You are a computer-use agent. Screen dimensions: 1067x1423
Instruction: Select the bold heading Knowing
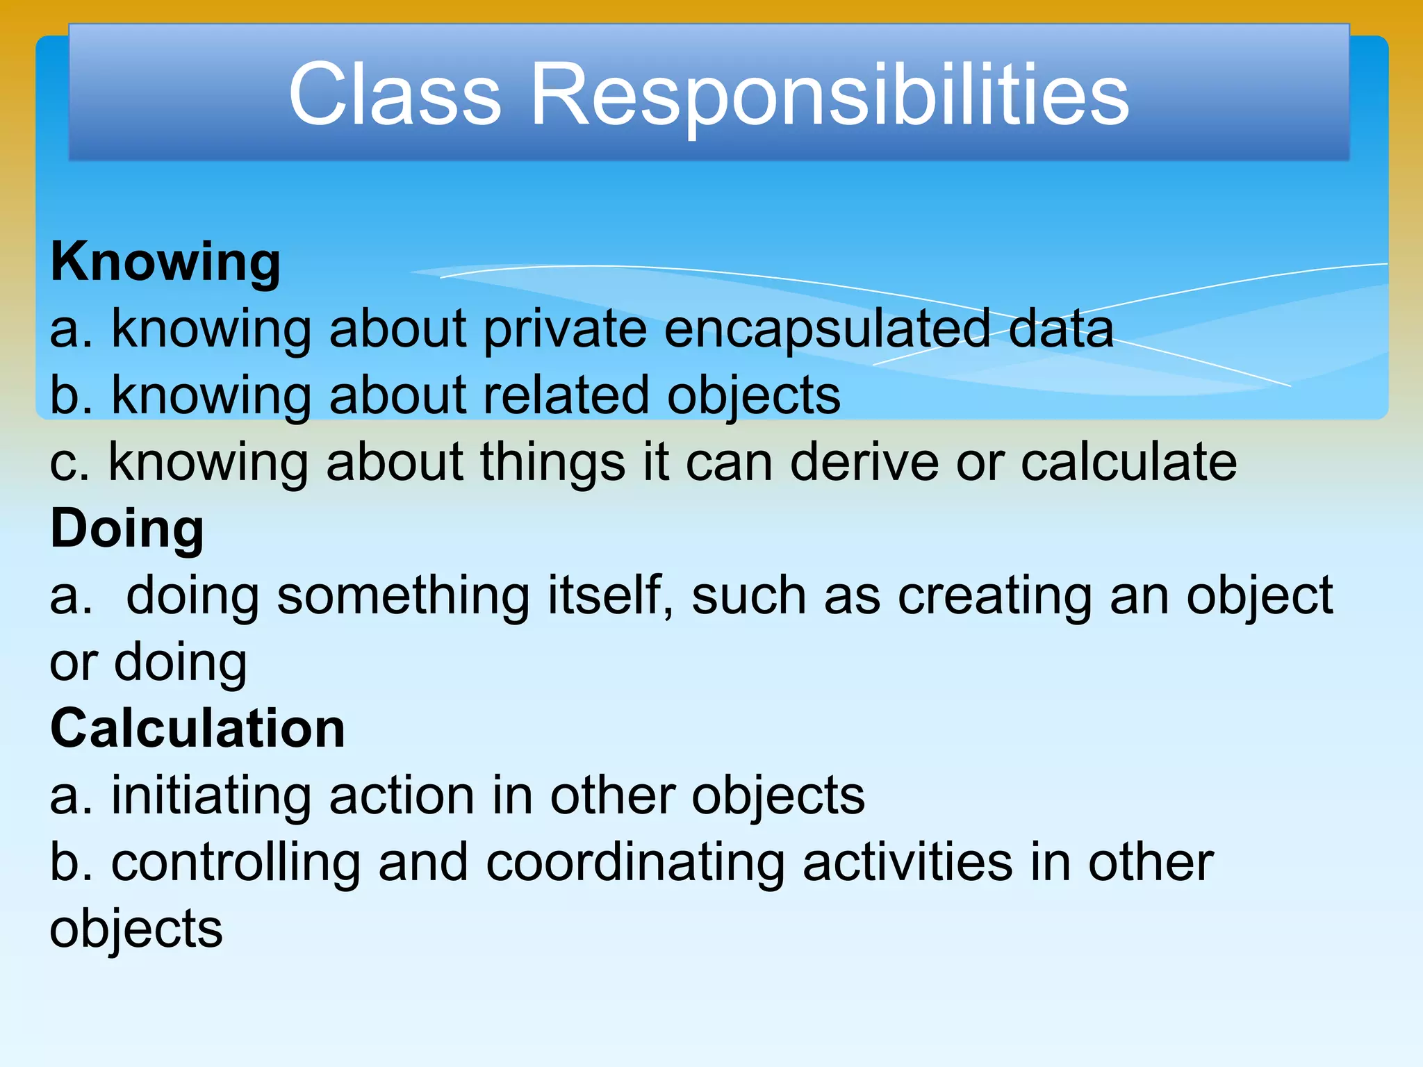coord(165,263)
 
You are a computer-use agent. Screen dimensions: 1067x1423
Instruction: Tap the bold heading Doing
coord(127,529)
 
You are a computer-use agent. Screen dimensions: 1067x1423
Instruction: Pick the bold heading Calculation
coord(197,729)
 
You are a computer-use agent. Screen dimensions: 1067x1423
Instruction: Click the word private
coord(564,329)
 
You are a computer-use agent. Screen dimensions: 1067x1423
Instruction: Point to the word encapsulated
coord(827,329)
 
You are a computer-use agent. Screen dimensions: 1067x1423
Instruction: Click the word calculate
coord(1128,462)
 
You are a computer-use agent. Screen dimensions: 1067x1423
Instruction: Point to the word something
coord(403,596)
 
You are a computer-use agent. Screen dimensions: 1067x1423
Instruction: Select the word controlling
coord(236,863)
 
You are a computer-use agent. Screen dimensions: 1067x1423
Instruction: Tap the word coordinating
coord(634,863)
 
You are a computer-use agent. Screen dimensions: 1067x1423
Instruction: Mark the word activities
coord(907,862)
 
